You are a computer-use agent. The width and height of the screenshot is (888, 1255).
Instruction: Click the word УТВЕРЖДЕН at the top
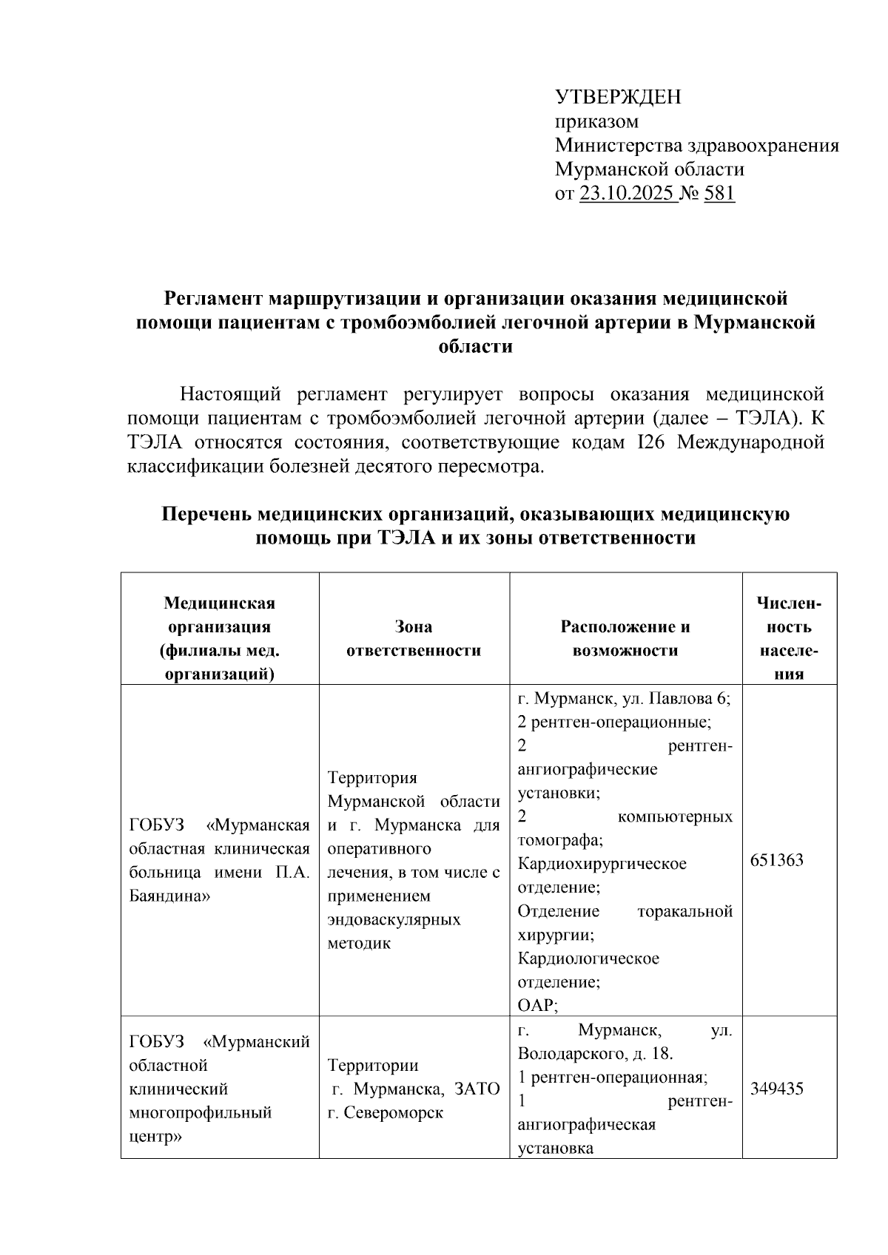pyautogui.click(x=618, y=97)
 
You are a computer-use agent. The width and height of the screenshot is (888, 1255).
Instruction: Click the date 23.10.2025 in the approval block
pyautogui.click(x=626, y=194)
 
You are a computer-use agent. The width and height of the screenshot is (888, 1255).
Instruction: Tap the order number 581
pyautogui.click(x=719, y=194)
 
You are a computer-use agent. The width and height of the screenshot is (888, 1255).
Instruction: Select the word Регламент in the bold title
pyautogui.click(x=213, y=299)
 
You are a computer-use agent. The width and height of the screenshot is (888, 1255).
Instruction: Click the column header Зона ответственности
pyautogui.click(x=414, y=639)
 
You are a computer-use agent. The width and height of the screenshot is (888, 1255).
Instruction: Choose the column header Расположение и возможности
pyautogui.click(x=625, y=639)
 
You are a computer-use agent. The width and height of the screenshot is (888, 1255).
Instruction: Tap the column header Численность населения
pyautogui.click(x=789, y=639)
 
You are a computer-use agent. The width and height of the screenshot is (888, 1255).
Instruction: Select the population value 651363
pyautogui.click(x=776, y=860)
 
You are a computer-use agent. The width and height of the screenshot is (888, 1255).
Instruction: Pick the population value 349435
pyautogui.click(x=776, y=1089)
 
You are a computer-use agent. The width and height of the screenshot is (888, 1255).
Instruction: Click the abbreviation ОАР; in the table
pyautogui.click(x=537, y=1006)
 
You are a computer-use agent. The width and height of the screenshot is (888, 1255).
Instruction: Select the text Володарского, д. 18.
pyautogui.click(x=595, y=1053)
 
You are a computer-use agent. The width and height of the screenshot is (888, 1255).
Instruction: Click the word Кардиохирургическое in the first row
pyautogui.click(x=602, y=864)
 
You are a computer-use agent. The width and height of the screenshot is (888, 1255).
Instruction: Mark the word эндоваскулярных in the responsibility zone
pyautogui.click(x=394, y=919)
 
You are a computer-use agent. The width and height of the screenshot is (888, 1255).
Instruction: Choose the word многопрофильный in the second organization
pyautogui.click(x=201, y=1112)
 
